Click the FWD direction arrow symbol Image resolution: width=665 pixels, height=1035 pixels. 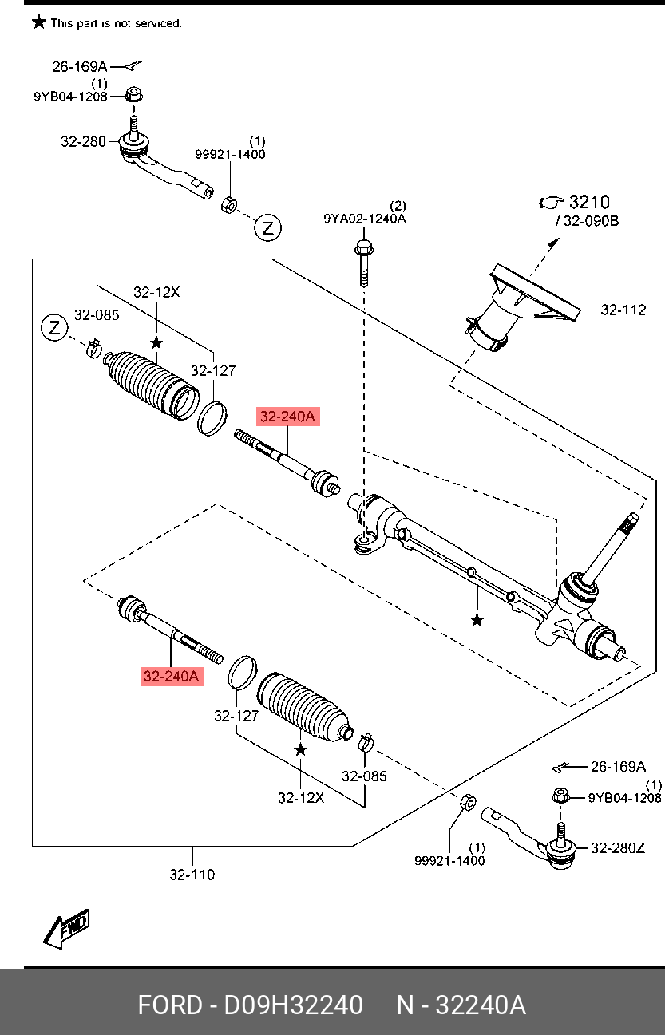pos(67,929)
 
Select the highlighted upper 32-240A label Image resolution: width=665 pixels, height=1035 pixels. pos(287,417)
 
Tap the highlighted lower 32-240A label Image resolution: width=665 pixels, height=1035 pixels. pos(172,677)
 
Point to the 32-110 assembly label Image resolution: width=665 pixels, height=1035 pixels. pos(192,875)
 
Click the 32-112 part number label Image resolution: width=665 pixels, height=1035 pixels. pos(623,310)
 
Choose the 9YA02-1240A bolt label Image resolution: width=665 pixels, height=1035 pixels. pos(364,219)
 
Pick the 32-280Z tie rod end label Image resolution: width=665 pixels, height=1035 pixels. pos(617,848)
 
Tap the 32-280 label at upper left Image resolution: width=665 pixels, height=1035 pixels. pos(83,142)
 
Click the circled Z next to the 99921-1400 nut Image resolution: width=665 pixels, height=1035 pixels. pos(267,228)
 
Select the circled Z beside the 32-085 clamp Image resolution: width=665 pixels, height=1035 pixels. pos(54,327)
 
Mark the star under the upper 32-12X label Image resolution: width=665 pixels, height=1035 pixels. pos(156,342)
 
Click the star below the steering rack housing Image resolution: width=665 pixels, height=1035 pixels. pos(477,620)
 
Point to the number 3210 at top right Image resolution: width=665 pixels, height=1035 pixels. pos(589,202)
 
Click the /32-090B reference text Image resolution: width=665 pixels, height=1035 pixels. pos(588,221)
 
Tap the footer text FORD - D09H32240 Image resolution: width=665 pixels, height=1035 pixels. pos(250,1005)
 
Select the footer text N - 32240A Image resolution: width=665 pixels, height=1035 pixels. pos(461,1005)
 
